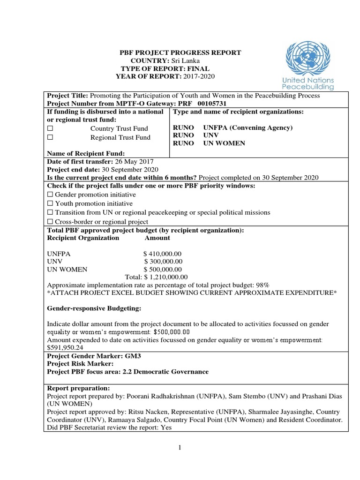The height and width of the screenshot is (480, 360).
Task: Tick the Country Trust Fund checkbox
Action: (x=50, y=128)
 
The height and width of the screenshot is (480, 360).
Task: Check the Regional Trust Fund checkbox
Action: (x=50, y=137)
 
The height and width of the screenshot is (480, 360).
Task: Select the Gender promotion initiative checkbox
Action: (x=50, y=195)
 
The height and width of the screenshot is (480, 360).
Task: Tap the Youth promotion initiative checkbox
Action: (x=50, y=203)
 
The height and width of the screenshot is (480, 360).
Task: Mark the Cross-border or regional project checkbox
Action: (x=50, y=222)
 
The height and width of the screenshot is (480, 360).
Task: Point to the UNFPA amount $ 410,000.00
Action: (x=163, y=253)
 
